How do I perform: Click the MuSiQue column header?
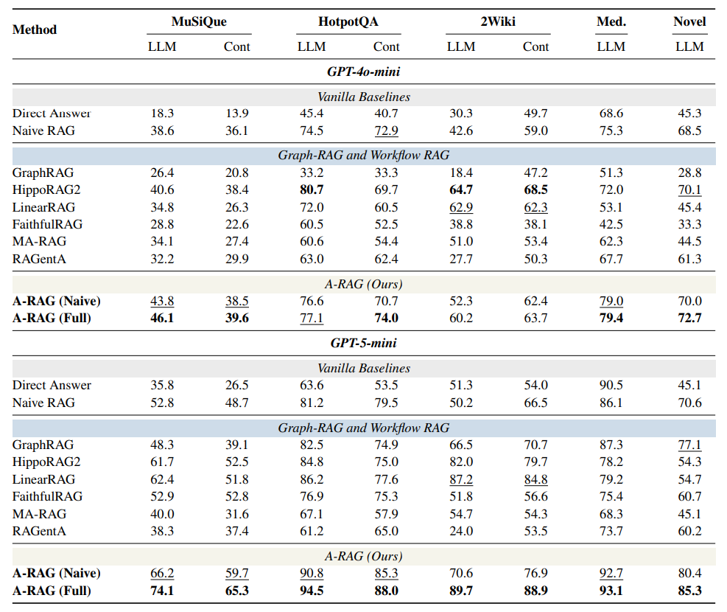(x=199, y=21)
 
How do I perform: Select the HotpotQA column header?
(x=348, y=21)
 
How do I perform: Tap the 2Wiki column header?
(x=498, y=21)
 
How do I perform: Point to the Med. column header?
(x=611, y=21)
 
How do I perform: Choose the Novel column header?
(x=689, y=21)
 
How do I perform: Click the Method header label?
(x=35, y=29)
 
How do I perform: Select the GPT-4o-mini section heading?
(x=364, y=72)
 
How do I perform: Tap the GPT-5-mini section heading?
(x=364, y=343)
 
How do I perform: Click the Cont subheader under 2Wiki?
(x=535, y=46)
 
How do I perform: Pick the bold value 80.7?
(x=312, y=189)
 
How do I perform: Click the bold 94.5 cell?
(x=312, y=591)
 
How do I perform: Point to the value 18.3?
(x=162, y=114)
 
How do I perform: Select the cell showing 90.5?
(x=611, y=385)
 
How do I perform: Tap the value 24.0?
(x=461, y=531)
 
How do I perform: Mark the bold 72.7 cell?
(x=689, y=318)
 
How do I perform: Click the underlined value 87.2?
(x=461, y=479)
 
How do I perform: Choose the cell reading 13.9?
(x=237, y=114)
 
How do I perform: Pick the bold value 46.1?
(x=162, y=318)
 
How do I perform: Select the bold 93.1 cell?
(x=611, y=591)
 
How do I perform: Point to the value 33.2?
(x=312, y=173)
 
